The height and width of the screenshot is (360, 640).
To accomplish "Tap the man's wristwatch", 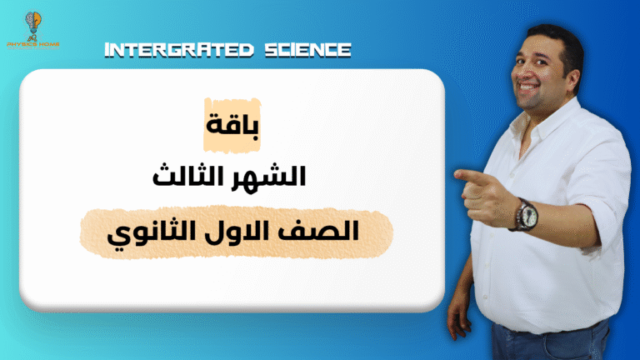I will pyautogui.click(x=524, y=213).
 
